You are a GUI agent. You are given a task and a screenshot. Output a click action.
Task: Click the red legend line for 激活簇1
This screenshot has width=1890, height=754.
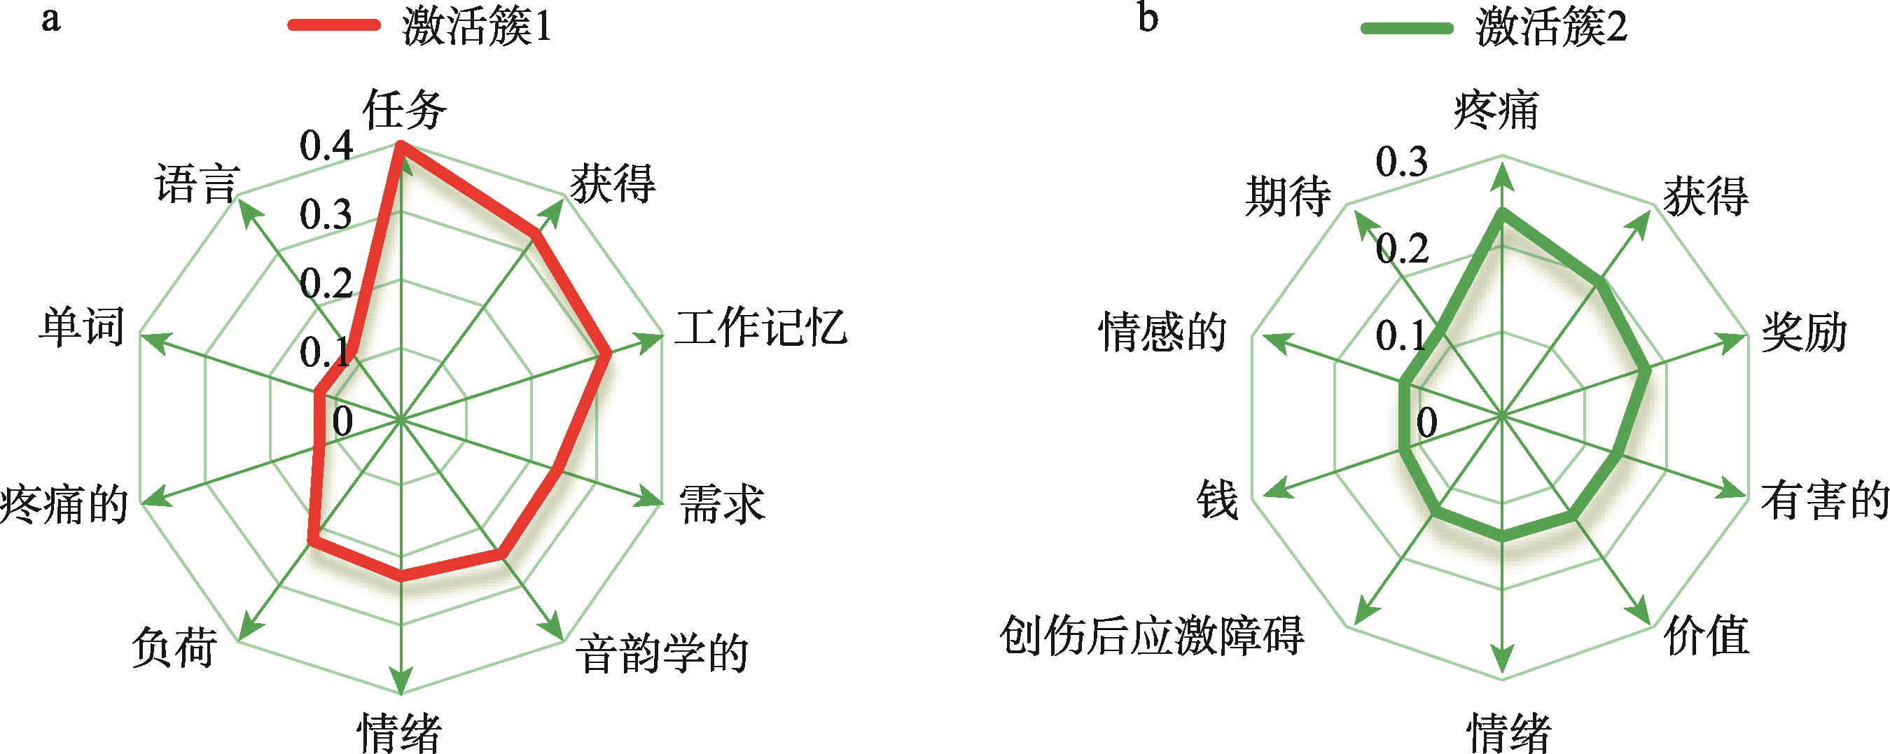point(335,26)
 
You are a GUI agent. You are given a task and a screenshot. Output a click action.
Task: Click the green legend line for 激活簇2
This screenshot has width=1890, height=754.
point(1407,29)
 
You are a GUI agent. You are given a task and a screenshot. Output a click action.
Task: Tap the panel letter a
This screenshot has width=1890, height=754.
point(50,18)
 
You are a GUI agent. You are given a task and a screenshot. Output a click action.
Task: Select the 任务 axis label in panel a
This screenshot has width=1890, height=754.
point(404,110)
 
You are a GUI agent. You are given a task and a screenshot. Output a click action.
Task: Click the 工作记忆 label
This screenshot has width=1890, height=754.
point(761,327)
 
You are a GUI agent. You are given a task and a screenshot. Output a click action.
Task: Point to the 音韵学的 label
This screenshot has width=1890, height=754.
point(661,652)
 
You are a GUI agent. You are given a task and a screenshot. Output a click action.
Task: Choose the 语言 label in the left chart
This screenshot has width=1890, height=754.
point(197,183)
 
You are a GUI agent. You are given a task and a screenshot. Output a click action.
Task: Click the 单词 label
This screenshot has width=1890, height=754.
point(82,326)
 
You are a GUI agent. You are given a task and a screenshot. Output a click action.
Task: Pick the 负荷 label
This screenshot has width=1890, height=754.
point(174,647)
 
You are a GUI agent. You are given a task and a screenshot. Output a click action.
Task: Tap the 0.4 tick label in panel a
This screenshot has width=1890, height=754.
point(326,146)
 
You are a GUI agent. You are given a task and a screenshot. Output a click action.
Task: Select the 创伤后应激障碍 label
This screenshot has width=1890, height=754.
point(1151,635)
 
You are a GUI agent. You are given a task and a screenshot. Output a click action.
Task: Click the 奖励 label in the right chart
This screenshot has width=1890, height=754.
point(1804,333)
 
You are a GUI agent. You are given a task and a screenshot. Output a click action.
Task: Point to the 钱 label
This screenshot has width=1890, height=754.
point(1217,501)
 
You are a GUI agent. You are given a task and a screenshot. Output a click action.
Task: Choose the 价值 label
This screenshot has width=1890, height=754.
point(1707,635)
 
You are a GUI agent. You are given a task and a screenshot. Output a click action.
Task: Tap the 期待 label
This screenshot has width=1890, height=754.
point(1288,197)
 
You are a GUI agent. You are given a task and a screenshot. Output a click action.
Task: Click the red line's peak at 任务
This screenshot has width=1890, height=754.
point(401,144)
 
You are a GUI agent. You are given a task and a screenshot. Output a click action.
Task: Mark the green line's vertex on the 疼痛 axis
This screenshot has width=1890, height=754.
point(1502,214)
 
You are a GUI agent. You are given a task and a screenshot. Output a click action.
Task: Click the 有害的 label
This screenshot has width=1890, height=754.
point(1825,501)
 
